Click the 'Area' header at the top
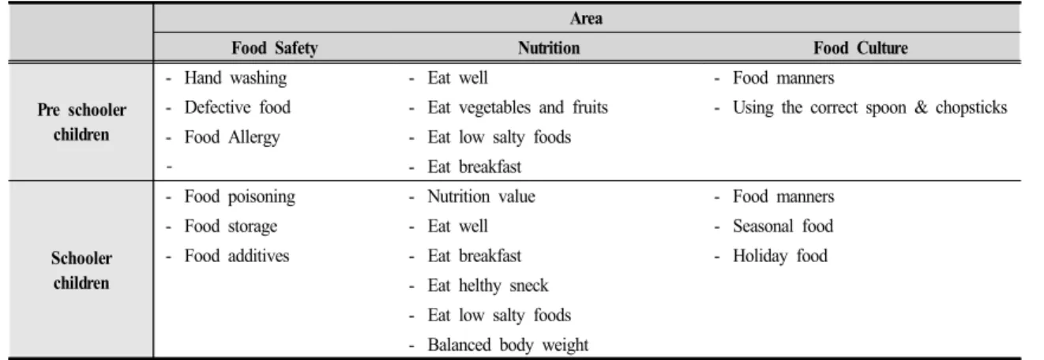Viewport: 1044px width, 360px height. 586,19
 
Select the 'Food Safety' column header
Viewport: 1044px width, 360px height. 275,48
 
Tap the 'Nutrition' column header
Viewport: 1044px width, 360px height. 549,48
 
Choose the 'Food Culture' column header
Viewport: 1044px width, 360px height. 861,48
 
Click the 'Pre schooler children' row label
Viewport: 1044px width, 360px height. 81,122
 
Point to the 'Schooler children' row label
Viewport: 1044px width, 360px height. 81,270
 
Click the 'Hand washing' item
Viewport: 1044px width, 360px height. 235,78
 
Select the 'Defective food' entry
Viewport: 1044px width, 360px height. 237,107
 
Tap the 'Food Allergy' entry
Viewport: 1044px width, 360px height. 232,137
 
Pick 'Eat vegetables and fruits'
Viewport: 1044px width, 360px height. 518,107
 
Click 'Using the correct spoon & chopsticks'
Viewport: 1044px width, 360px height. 869,107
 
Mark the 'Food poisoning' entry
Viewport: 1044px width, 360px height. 239,197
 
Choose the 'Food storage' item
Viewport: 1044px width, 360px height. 231,227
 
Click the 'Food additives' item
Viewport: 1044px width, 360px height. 237,256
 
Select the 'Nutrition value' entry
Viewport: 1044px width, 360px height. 482,197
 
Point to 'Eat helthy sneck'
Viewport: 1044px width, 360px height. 488,286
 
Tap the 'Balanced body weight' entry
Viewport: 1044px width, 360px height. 508,345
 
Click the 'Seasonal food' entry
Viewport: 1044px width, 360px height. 783,227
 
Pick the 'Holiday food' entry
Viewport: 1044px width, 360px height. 780,256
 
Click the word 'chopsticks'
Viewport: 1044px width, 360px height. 971,107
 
